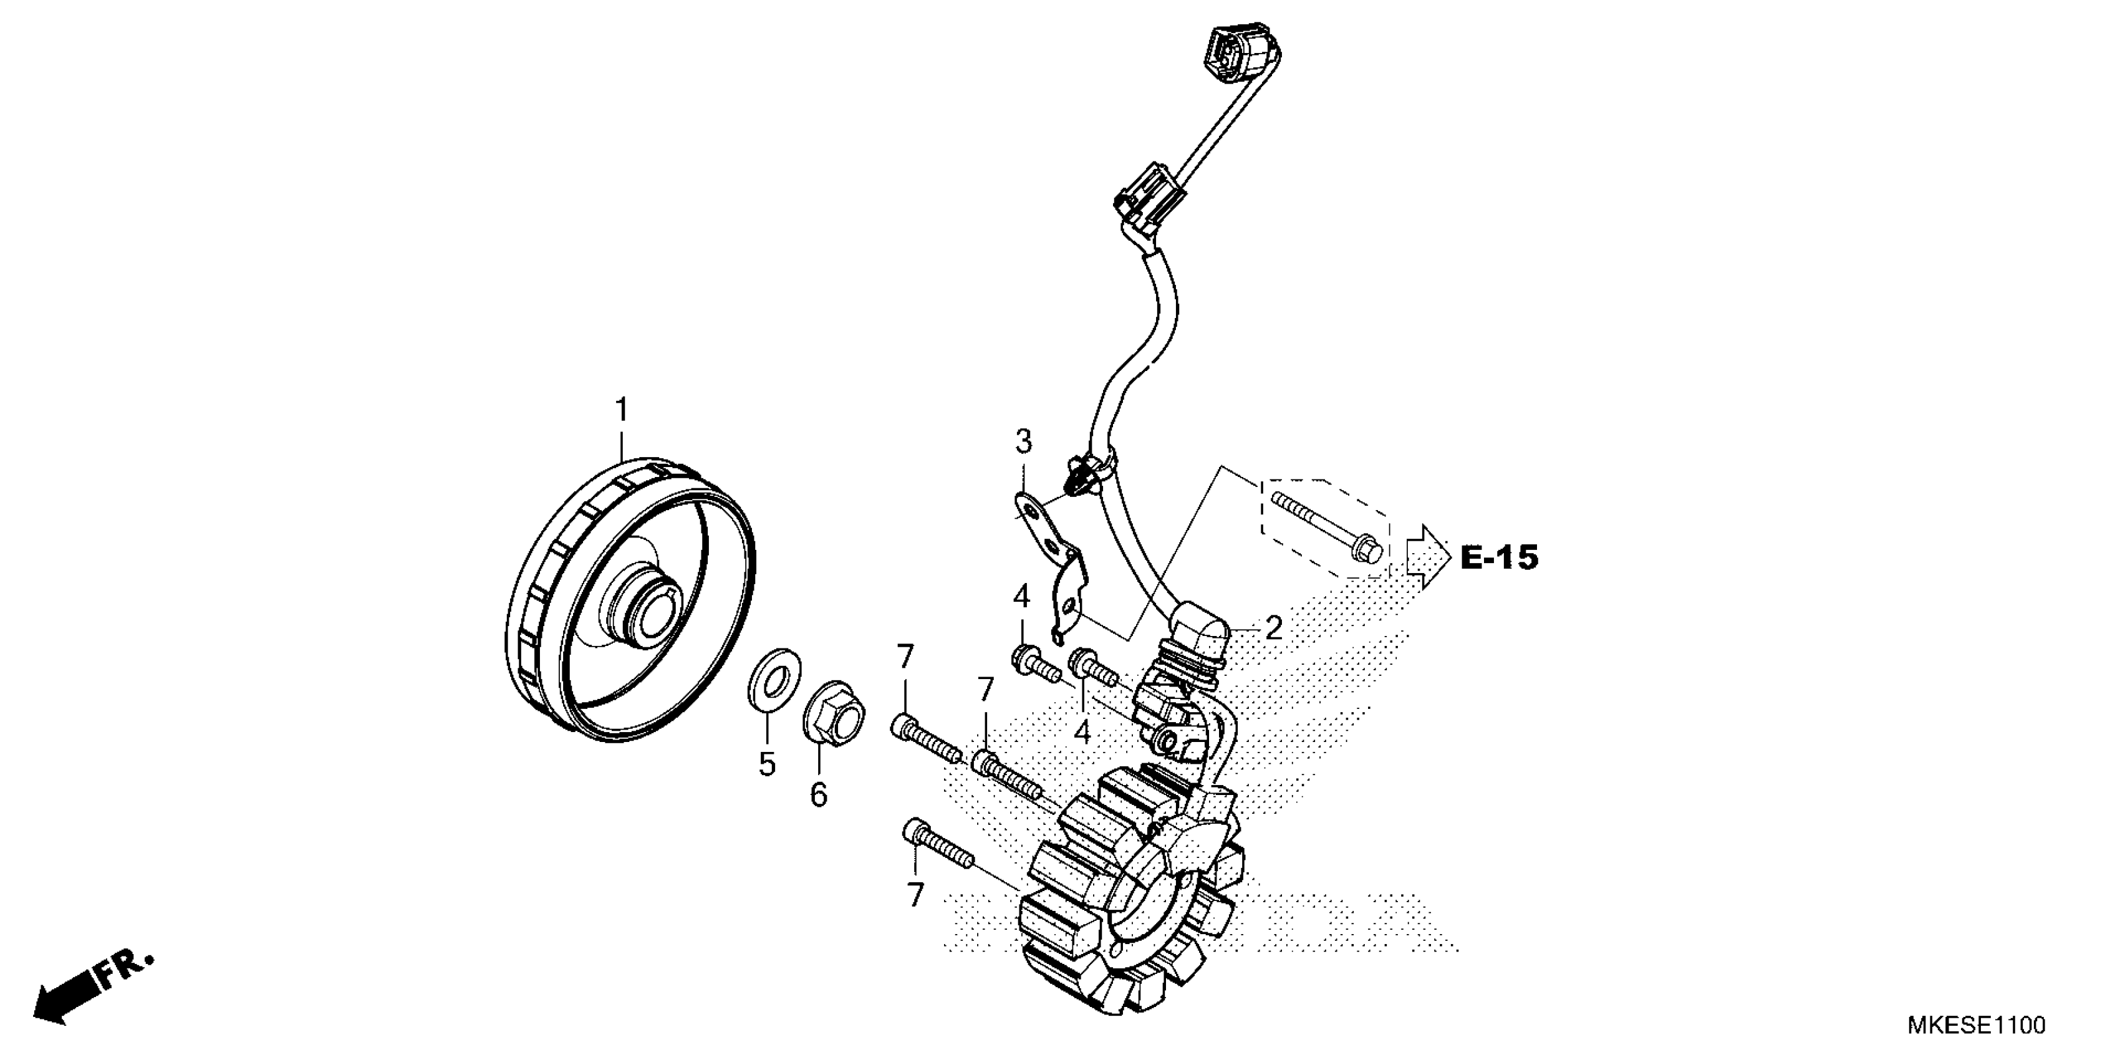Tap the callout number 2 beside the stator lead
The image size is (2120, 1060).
pos(1273,629)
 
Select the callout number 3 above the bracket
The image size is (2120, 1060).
pos(1023,443)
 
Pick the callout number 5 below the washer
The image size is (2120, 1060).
pos(767,764)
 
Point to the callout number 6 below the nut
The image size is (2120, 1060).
pos(818,795)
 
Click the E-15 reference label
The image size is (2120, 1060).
pos(1498,558)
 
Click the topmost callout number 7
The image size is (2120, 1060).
pos(905,658)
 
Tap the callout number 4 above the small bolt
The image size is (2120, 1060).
pos(1021,597)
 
